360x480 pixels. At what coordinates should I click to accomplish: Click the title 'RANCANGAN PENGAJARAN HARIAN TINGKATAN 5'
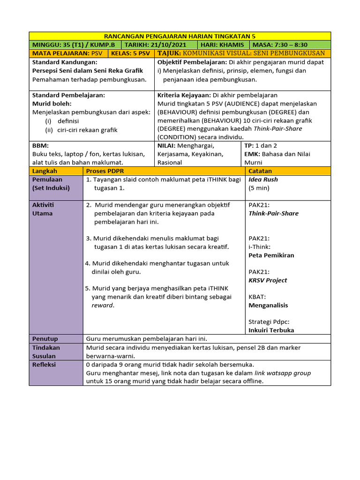180,36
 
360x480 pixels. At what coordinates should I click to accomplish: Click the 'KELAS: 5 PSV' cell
131,53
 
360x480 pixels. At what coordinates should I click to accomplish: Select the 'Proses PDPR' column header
105,171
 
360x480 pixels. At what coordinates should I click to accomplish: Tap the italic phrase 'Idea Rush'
263,180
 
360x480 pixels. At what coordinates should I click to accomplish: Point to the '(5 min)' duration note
259,188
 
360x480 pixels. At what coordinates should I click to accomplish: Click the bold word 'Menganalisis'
268,305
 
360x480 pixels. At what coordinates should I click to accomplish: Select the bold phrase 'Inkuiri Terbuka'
271,330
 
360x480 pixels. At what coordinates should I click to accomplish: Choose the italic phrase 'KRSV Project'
268,280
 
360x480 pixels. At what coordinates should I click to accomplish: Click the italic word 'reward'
102,305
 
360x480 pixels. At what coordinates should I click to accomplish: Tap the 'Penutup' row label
45,338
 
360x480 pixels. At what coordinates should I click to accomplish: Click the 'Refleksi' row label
44,364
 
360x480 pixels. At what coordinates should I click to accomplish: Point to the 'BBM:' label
40,146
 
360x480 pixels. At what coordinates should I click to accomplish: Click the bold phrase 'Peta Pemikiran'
271,255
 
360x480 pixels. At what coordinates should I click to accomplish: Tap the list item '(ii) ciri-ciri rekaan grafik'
81,130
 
